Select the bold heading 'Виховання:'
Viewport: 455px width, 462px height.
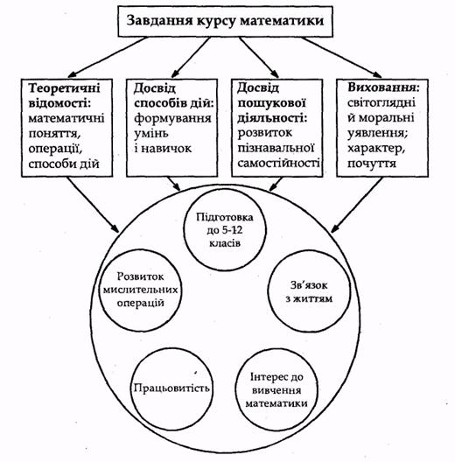pos(383,87)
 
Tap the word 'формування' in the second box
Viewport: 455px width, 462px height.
pos(172,118)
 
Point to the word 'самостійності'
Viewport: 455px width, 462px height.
pos(278,163)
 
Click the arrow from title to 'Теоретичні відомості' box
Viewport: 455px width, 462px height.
pos(108,57)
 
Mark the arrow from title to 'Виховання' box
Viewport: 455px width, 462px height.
pos(341,57)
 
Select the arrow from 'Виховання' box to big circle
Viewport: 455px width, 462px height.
pos(357,205)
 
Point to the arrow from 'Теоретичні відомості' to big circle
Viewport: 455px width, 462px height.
pos(93,205)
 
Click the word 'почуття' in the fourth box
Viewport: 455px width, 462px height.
pos(372,164)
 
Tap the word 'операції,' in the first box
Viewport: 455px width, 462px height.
pos(55,149)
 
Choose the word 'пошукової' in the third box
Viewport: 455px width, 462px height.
pos(272,103)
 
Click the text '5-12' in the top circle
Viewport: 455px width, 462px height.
pos(233,230)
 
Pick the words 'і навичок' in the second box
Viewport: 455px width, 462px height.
pos(163,148)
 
